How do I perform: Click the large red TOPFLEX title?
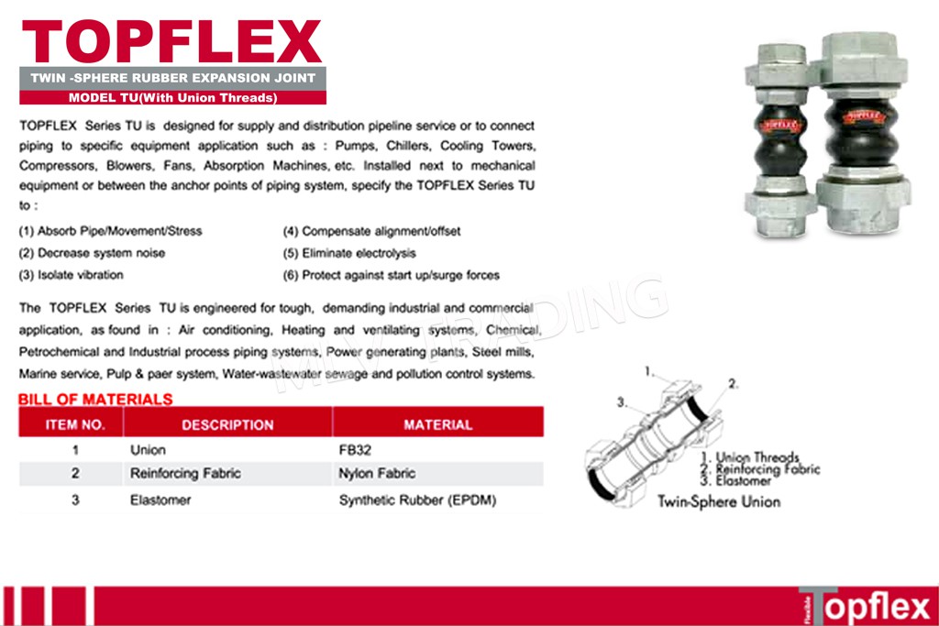click(171, 41)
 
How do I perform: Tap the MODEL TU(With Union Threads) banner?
click(172, 97)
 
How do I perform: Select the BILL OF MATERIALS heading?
click(95, 400)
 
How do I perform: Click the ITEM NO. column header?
click(75, 425)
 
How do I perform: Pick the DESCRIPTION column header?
click(227, 425)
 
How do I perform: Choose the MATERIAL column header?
click(437, 425)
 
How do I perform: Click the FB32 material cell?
click(355, 450)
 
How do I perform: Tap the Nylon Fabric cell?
click(377, 473)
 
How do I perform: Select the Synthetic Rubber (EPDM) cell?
click(417, 500)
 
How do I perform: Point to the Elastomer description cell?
click(160, 500)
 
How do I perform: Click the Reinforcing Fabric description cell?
click(185, 473)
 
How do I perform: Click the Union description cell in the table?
click(148, 450)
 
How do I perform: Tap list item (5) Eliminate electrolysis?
click(349, 253)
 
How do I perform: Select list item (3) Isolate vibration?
click(72, 275)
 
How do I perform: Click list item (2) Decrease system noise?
click(92, 253)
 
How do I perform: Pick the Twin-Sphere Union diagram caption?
click(719, 501)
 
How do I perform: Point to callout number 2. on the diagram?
click(733, 384)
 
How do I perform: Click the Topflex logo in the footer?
click(867, 606)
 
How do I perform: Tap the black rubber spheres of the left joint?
click(779, 139)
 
